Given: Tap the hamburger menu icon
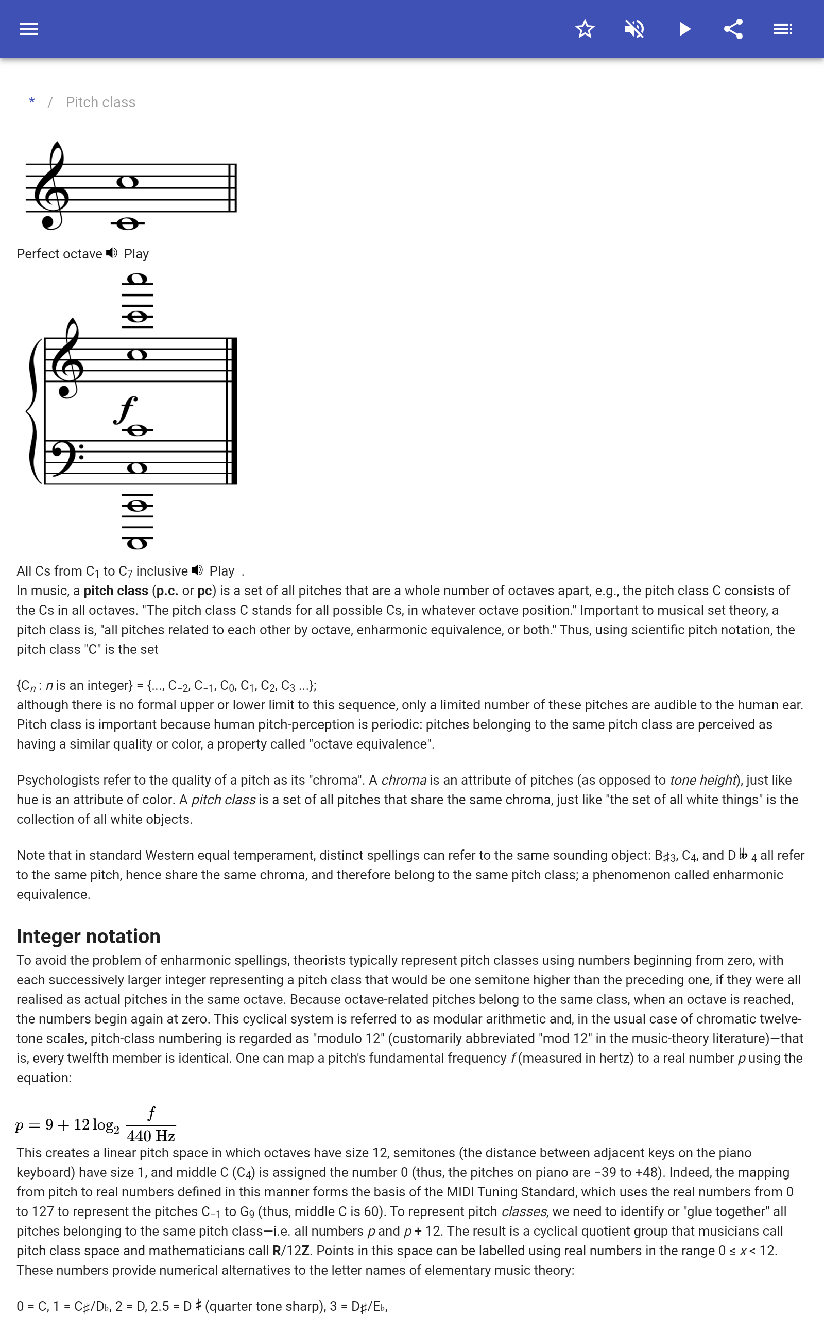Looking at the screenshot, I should tap(29, 29).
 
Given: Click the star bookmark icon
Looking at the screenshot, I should tap(585, 29).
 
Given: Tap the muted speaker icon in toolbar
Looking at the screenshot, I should tap(634, 29).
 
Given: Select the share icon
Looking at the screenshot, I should tap(733, 29).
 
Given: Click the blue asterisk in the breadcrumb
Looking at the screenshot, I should tap(32, 102).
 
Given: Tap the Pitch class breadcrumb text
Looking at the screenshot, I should tap(100, 102).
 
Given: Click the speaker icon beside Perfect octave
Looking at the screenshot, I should tap(112, 253).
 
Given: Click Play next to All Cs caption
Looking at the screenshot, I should tap(222, 571).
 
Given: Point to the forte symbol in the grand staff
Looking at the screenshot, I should tap(125, 410).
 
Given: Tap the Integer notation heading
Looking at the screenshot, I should tap(88, 936).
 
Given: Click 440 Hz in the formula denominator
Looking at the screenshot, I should tap(151, 1136).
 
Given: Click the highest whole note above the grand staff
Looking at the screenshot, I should tap(137, 280).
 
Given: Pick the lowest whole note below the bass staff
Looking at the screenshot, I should tap(137, 543).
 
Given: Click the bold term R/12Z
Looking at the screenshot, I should tap(291, 1251).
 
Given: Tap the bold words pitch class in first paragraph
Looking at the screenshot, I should tap(115, 591).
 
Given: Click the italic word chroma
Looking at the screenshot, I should tap(403, 780).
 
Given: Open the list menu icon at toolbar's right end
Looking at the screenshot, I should tap(783, 29).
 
